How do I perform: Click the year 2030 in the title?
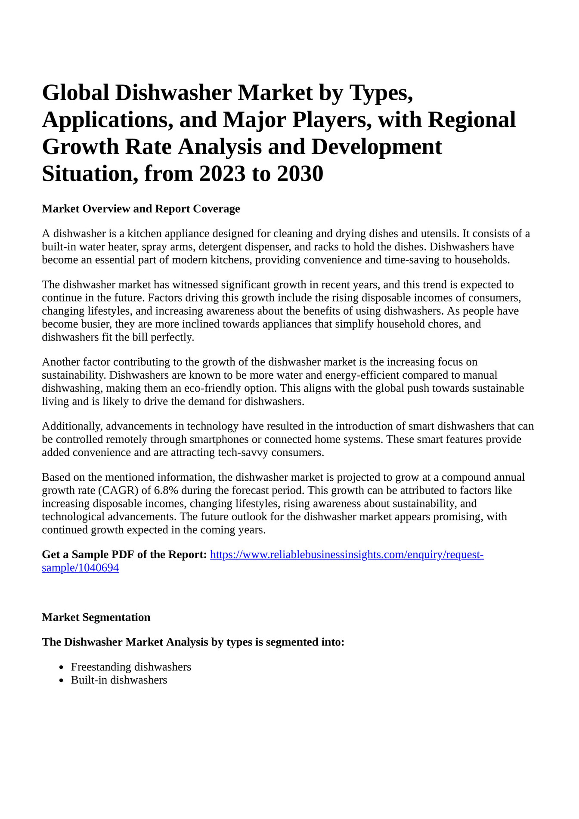(300, 173)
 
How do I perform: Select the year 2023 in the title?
(222, 173)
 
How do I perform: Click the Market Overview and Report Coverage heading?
(141, 209)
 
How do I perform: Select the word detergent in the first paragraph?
(220, 247)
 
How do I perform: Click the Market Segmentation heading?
(96, 617)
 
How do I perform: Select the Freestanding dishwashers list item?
(131, 667)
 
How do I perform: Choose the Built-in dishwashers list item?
(119, 680)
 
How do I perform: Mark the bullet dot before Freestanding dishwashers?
(62, 668)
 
